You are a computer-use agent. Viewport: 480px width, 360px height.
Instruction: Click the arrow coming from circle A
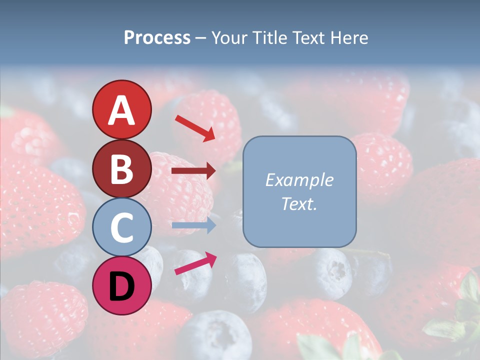[x=195, y=128]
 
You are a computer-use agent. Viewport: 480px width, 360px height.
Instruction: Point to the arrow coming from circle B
[x=193, y=171]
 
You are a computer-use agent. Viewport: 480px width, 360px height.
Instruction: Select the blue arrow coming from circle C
[x=193, y=225]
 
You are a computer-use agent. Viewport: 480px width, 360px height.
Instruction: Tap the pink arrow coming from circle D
[x=195, y=263]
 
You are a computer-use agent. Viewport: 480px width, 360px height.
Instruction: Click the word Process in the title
[x=157, y=38]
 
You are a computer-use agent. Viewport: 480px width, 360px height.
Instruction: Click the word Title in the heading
[x=268, y=38]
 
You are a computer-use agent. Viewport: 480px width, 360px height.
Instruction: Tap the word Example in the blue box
[x=299, y=180]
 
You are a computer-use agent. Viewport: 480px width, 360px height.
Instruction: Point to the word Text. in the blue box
[x=299, y=203]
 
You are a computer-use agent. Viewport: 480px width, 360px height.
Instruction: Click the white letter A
[x=121, y=110]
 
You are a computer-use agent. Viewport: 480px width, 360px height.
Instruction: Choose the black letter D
[x=121, y=286]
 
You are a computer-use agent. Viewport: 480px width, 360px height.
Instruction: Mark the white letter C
[x=121, y=227]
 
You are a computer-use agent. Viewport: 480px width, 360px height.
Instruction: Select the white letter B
[x=121, y=169]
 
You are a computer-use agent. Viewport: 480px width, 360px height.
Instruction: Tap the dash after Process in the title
[x=200, y=38]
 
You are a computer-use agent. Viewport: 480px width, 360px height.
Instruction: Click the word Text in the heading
[x=309, y=38]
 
